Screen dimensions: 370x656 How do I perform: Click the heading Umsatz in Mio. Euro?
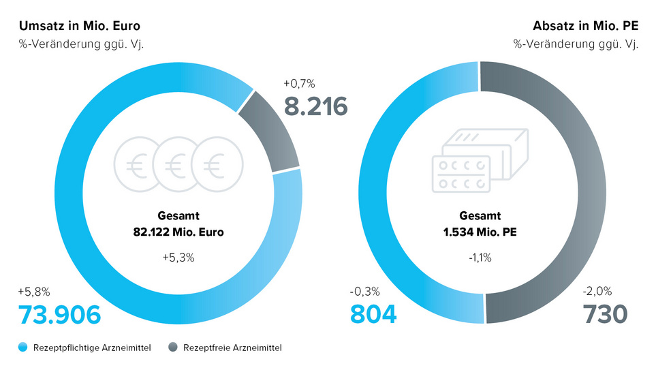(x=80, y=27)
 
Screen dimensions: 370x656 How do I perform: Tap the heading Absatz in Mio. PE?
(x=585, y=27)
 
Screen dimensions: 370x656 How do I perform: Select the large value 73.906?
(x=60, y=315)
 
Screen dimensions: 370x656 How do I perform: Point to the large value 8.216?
(x=315, y=106)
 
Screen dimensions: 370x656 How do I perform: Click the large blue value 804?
(x=373, y=315)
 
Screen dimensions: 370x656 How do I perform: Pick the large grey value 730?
(x=605, y=315)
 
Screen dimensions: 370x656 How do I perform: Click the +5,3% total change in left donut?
(x=178, y=258)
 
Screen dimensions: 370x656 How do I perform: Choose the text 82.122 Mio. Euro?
(x=178, y=232)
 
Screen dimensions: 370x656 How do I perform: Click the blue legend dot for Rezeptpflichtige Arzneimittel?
(x=23, y=348)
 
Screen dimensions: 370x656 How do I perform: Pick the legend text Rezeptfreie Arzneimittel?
(x=232, y=348)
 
